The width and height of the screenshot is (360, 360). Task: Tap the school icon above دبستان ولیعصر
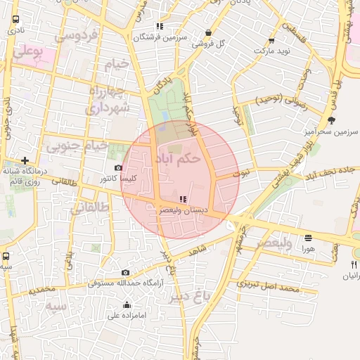click(184, 199)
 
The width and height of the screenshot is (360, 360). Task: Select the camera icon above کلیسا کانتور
click(118, 168)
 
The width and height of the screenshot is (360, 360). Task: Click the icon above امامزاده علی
click(127, 304)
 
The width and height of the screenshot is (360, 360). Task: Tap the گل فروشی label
click(211, 43)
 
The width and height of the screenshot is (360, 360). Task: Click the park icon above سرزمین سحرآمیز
click(331, 120)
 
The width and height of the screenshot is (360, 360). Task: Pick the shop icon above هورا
click(308, 238)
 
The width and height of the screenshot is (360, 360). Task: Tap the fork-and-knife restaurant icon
click(353, 264)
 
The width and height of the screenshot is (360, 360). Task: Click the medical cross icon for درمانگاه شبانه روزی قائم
click(25, 160)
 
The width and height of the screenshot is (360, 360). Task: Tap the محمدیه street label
click(37, 289)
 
